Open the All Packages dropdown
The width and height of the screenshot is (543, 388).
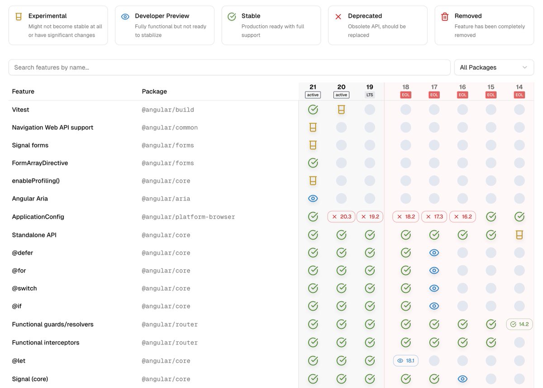(494, 67)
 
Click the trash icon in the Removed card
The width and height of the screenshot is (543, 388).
(445, 17)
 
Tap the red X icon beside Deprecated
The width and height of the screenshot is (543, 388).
(338, 17)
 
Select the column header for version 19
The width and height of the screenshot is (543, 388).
(370, 87)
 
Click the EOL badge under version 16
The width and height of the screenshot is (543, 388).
(462, 95)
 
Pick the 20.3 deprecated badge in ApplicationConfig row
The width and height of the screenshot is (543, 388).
(341, 217)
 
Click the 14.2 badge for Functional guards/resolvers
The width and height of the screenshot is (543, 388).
(519, 324)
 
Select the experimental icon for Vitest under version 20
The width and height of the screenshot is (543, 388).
(341, 110)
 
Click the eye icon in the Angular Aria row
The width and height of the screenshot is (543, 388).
(313, 198)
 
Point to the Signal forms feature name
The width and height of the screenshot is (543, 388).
(30, 145)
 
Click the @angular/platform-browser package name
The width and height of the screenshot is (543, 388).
(188, 217)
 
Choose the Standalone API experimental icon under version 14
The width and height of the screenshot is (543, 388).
(519, 235)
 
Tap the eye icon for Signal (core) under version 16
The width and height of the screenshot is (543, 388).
(462, 379)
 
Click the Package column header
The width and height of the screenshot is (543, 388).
(154, 91)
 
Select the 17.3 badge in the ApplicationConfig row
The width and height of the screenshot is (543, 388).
(434, 217)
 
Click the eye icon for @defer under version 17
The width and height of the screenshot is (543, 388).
(434, 253)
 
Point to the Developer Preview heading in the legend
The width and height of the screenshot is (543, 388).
(162, 16)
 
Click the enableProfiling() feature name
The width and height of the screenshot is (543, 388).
(36, 181)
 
